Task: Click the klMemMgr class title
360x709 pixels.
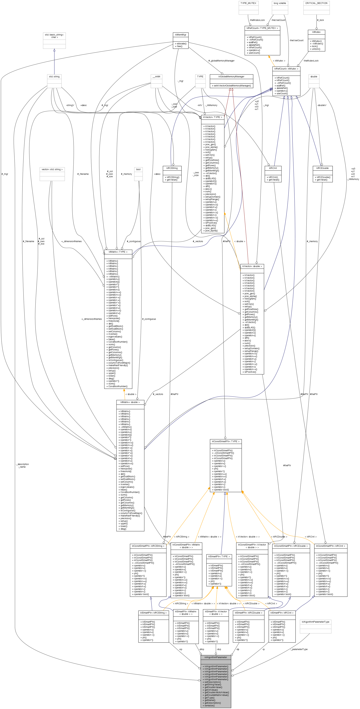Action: (181, 35)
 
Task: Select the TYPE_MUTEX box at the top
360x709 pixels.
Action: (248, 3)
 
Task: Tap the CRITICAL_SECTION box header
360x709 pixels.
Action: (316, 3)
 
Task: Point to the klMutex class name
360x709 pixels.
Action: (316, 32)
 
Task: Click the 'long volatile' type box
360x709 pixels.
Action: (280, 3)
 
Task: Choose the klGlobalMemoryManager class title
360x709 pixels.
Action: (231, 77)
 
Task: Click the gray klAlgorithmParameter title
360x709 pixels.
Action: (216, 657)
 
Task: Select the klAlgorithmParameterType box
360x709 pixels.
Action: (315, 622)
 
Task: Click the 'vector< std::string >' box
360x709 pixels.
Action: (52, 170)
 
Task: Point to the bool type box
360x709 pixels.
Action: (138, 170)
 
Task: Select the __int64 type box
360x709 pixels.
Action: (156, 77)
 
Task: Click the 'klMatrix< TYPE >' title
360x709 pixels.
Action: (118, 252)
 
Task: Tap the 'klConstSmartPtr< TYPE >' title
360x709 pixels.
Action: (225, 441)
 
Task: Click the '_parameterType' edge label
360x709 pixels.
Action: (299, 649)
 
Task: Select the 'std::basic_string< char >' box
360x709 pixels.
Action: (54, 36)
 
